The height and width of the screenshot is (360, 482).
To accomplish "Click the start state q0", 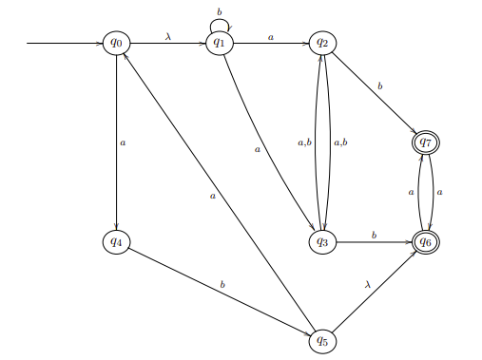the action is pos(116,43).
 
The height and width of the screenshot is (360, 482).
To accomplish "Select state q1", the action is pos(220,43).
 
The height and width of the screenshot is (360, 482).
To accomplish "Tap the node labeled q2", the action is pos(323,43).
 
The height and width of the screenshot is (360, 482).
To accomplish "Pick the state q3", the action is pos(323,242).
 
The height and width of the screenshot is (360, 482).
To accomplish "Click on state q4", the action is pos(116,242).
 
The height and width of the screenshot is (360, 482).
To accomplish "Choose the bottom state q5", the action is pos(323,340).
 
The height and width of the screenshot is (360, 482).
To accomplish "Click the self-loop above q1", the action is pos(220,22).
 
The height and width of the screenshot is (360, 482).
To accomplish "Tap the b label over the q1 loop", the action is pos(220,10).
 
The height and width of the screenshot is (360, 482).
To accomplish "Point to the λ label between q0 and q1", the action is pos(168,35).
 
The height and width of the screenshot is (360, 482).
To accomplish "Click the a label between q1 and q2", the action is pos(271,36).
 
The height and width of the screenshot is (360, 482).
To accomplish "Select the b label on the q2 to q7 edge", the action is pos(380,85).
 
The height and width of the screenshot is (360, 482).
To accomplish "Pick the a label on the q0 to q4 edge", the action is pos(123,143).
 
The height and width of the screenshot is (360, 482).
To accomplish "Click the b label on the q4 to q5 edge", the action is pos(222,284).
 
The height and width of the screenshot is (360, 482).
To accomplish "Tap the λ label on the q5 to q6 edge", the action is pos(367,284).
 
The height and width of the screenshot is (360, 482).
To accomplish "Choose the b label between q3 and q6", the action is pos(375,234).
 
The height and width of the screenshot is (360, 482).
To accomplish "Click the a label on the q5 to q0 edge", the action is pos(214,196).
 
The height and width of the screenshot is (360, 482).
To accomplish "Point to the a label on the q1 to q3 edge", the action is pos(257,149).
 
